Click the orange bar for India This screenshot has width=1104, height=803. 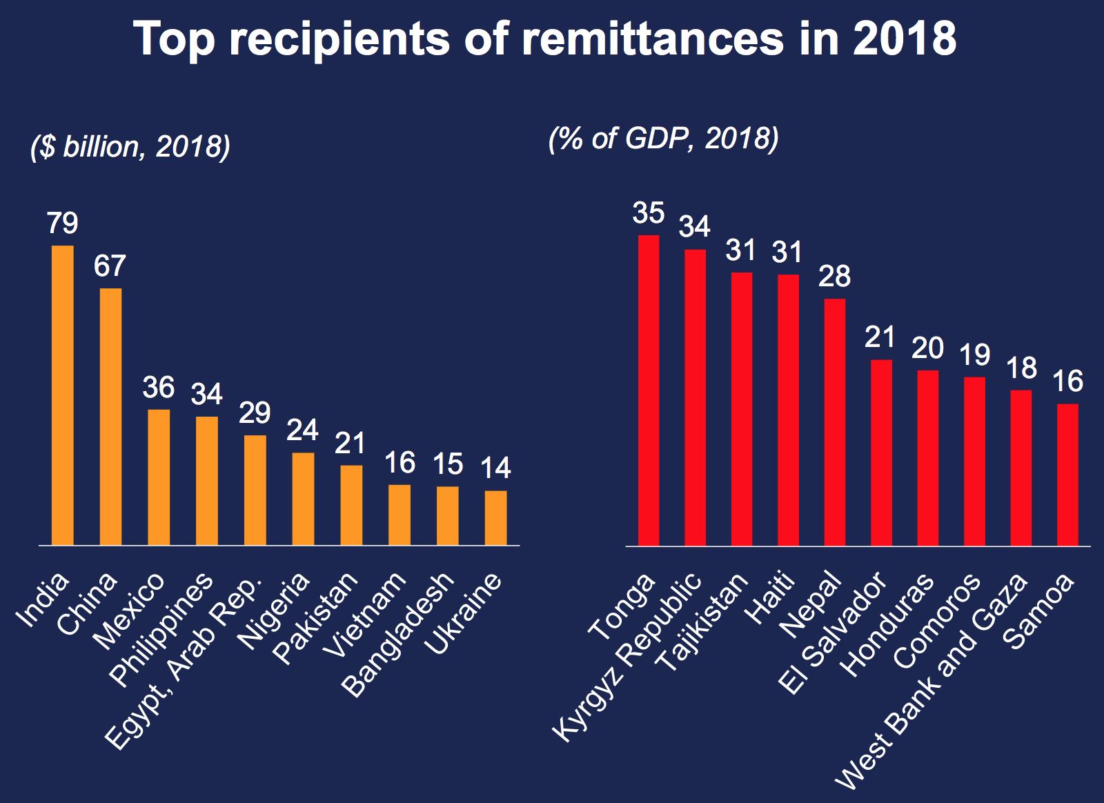[63, 395]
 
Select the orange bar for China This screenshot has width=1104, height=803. [110, 417]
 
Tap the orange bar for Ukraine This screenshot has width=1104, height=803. [495, 517]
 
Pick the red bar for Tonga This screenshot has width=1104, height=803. [649, 390]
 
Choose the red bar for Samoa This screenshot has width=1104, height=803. [1067, 475]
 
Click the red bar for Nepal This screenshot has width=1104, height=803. [835, 422]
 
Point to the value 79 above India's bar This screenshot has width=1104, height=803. [63, 224]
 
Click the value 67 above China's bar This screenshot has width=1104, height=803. [110, 266]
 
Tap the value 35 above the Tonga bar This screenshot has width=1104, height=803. [649, 214]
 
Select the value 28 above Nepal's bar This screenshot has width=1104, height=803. [835, 277]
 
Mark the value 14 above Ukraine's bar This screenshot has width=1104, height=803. [495, 468]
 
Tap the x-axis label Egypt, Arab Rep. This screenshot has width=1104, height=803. [184, 662]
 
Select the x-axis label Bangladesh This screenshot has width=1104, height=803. [398, 635]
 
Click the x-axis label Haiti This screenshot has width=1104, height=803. [772, 598]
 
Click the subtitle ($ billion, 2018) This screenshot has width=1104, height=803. [130, 147]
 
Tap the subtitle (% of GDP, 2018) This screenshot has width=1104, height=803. [664, 139]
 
